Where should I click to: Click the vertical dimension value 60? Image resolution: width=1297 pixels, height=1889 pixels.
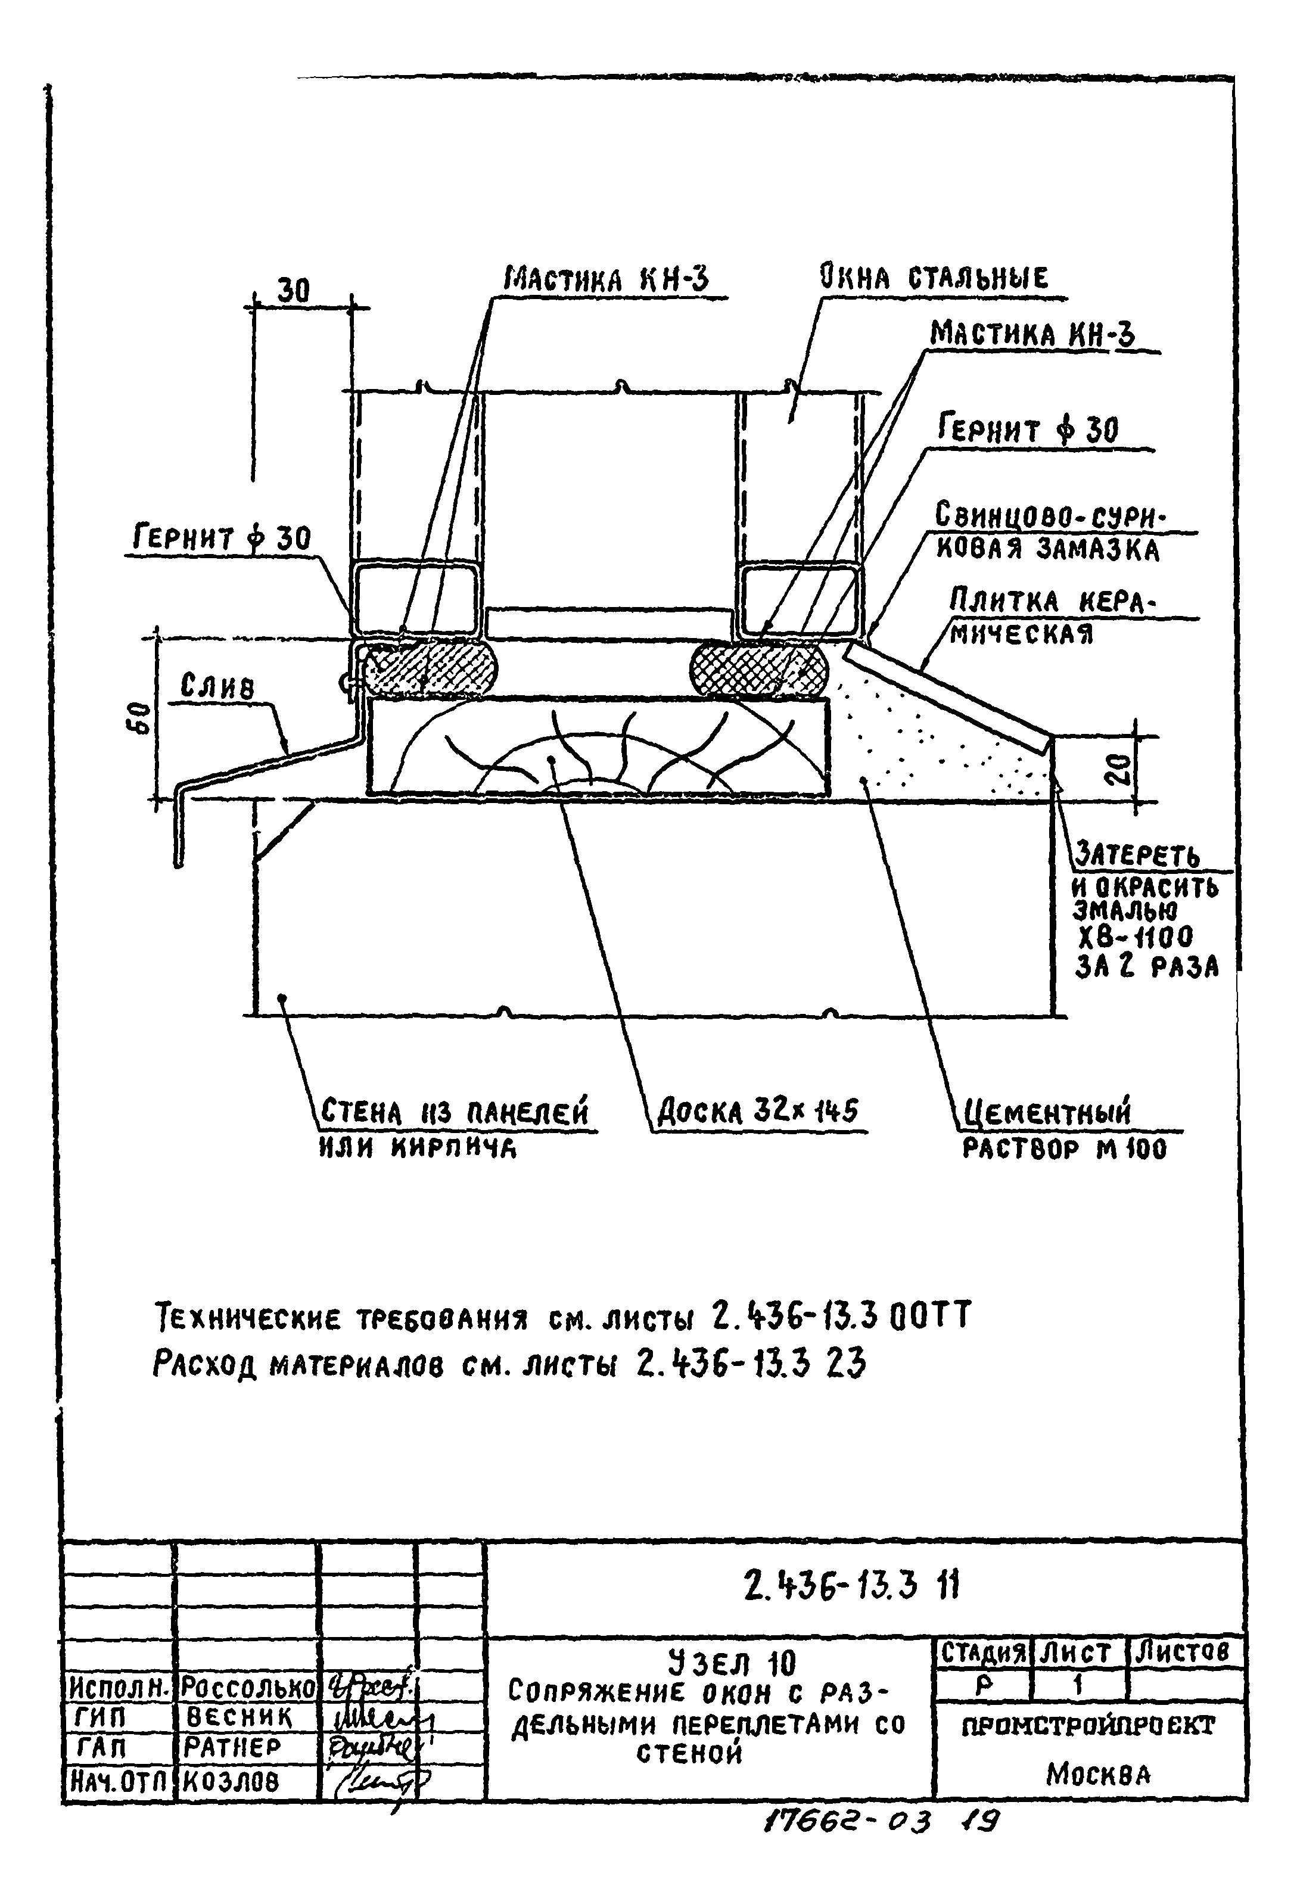(x=141, y=718)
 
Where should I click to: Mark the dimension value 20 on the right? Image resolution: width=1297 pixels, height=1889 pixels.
(x=1119, y=768)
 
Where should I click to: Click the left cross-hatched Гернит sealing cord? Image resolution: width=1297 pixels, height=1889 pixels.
(x=428, y=669)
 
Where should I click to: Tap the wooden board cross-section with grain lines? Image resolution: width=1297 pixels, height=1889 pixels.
(x=599, y=745)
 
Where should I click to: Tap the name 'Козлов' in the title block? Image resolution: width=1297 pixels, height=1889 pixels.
(x=231, y=1782)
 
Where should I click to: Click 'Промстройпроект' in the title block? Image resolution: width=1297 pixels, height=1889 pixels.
(x=1088, y=1726)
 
